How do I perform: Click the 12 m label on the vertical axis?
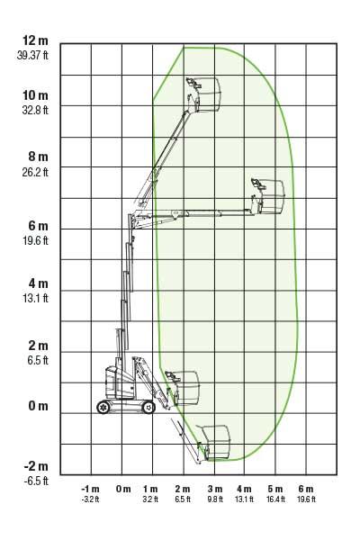[x=35, y=40]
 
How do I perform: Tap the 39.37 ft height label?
[x=32, y=55]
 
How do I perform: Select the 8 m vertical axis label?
[x=38, y=157]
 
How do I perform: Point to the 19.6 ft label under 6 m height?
[x=35, y=240]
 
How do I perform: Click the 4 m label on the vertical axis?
[x=38, y=283]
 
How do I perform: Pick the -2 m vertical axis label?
[x=36, y=466]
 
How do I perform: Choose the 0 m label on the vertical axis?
[x=38, y=406]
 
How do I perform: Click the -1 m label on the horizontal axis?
[x=90, y=489]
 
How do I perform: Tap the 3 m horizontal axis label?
[x=215, y=489]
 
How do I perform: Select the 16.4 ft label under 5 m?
[x=275, y=499]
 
